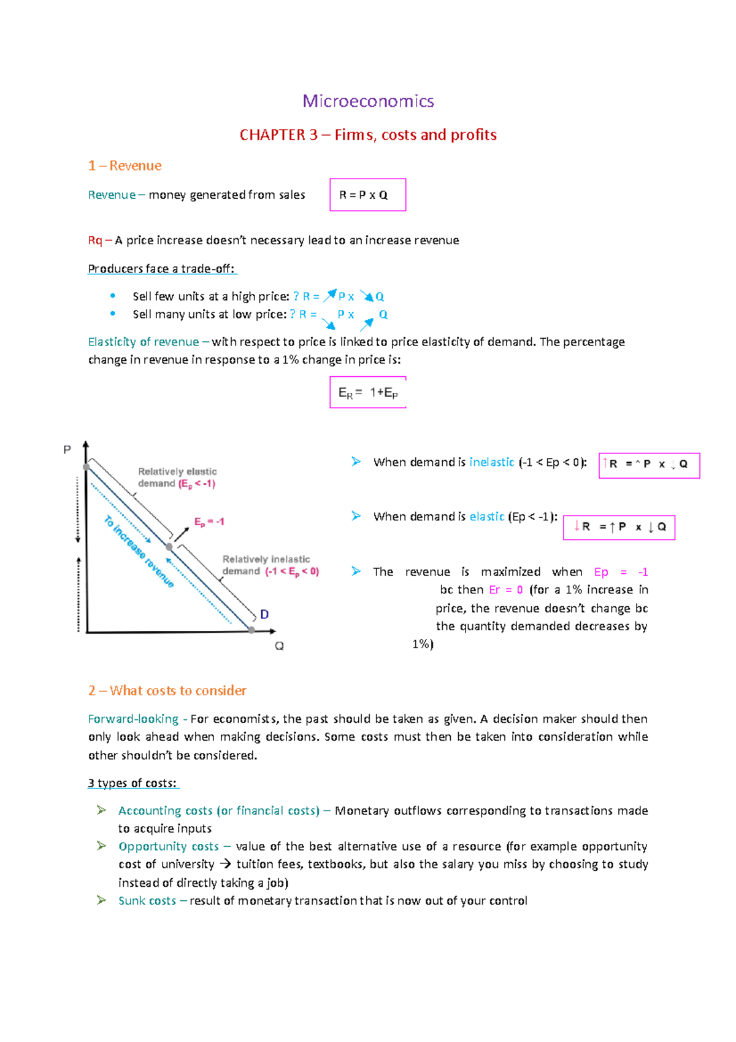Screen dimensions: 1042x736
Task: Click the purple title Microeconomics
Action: (368, 101)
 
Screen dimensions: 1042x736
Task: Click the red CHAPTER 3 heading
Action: (368, 135)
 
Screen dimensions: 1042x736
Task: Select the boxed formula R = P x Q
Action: (367, 195)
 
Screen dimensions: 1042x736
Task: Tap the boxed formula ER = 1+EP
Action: (367, 393)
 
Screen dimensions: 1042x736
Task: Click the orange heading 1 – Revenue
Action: (125, 166)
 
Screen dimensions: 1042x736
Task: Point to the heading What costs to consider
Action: (178, 691)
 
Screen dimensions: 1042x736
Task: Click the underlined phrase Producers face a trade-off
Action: (161, 269)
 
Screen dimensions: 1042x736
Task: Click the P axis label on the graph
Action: (67, 450)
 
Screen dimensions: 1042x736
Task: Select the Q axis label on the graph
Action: (279, 646)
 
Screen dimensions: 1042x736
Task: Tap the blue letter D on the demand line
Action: (264, 614)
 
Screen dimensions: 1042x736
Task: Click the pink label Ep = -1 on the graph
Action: (209, 522)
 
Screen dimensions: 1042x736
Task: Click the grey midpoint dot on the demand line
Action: (169, 546)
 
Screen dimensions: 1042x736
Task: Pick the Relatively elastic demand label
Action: (177, 477)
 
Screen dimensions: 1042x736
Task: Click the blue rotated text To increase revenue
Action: (139, 551)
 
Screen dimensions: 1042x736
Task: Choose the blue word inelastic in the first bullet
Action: (491, 463)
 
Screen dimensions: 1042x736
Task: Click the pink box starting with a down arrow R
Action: (618, 527)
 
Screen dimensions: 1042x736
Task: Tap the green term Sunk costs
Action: (147, 901)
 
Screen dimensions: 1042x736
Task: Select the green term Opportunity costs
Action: (169, 847)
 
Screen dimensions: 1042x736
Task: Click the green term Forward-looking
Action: (133, 719)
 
